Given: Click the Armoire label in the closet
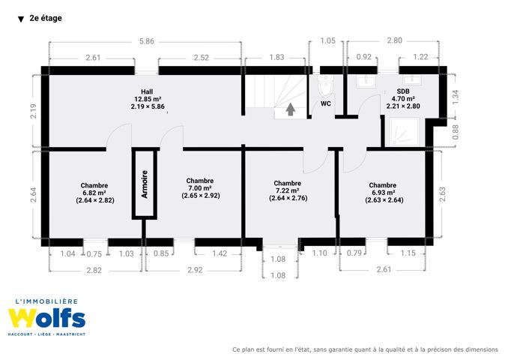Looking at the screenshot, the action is coord(145,184).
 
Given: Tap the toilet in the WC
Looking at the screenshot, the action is coord(324,85).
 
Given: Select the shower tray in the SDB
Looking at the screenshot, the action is coord(404,132).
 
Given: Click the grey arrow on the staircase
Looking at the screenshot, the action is coord(290,109).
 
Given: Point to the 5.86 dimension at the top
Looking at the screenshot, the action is coord(146,41).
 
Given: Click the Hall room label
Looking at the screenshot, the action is coord(148,99).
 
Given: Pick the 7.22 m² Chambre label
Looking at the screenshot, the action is coord(288,190).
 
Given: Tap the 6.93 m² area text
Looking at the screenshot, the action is coord(384,193).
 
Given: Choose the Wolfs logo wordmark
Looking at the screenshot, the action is coord(46,318).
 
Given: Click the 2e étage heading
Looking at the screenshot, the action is coord(46,18).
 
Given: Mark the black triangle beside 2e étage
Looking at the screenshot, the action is coord(21,19).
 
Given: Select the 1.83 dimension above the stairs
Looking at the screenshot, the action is coord(276,58).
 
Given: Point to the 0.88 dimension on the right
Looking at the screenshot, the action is coord(456,132).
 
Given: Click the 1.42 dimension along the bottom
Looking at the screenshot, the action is coord(220,253).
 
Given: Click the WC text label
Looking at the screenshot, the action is coord(326,103).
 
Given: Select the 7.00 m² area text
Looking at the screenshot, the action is coord(200,188).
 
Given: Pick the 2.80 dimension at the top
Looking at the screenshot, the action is coord(395,40).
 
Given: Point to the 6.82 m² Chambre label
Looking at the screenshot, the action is coord(94,193).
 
